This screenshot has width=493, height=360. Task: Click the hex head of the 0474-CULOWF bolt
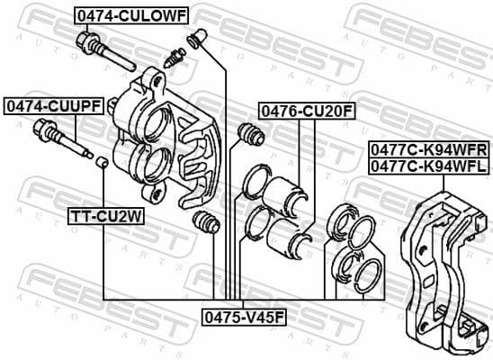[x=88, y=42]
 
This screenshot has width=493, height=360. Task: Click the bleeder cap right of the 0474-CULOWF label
[x=196, y=39]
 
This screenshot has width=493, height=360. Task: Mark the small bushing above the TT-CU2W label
[x=103, y=162]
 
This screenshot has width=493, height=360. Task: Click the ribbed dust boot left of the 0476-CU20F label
[x=247, y=135]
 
